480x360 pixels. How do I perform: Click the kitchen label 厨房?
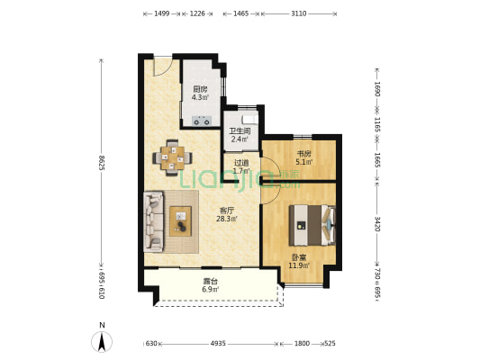[200, 90]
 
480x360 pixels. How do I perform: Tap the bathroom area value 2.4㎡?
[240, 139]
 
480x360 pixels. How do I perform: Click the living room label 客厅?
[227, 211]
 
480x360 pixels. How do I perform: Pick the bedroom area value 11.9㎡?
[299, 265]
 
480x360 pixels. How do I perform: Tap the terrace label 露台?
[210, 281]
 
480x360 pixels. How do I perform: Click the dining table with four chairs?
[172, 157]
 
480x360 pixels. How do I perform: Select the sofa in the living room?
[153, 221]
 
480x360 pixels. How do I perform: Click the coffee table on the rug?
[181, 221]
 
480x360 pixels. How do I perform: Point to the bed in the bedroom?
[312, 225]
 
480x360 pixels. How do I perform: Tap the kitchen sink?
[202, 121]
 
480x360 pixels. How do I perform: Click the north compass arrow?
[102, 342]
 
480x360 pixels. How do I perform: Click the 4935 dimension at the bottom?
[218, 344]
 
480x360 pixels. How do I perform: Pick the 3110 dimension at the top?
[298, 13]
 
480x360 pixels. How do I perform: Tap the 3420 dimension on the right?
[377, 224]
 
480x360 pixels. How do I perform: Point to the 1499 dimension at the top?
[161, 13]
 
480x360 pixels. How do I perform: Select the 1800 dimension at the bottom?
[302, 344]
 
